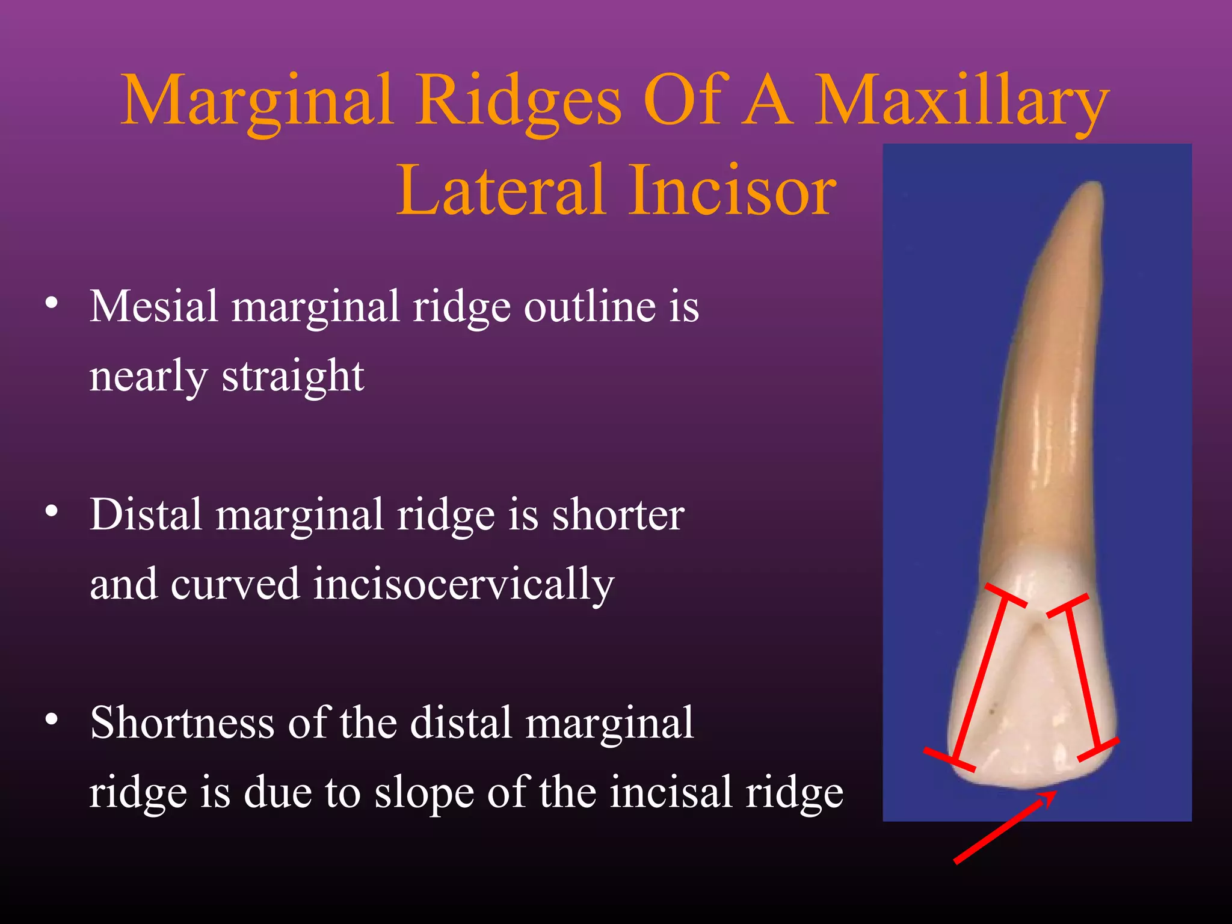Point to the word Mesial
[x=153, y=306]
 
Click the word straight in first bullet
[x=293, y=376]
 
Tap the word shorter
[x=618, y=515]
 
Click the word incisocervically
[x=463, y=584]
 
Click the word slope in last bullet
[x=423, y=792]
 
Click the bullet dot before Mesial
[x=52, y=303]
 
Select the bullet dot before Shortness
[x=52, y=719]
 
